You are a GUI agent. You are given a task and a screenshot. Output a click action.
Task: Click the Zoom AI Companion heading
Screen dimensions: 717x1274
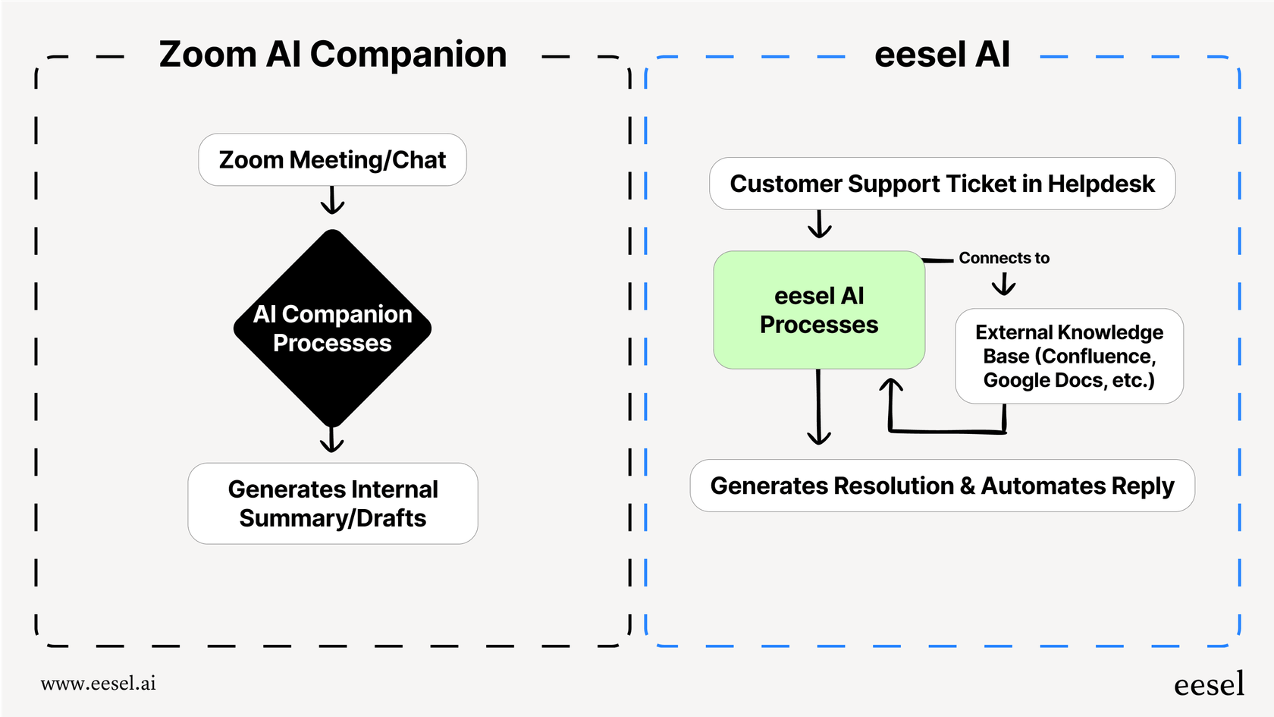tap(332, 55)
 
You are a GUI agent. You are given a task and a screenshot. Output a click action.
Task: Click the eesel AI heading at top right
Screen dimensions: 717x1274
tap(942, 55)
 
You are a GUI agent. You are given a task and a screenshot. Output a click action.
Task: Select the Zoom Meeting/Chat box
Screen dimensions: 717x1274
tap(332, 160)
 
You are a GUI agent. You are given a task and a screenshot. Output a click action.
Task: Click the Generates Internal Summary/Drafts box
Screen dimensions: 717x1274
tap(332, 503)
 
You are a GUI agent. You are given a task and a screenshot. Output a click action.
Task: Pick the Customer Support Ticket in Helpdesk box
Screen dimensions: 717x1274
tap(942, 184)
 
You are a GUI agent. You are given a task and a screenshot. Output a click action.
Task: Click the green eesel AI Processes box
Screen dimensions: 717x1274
tap(819, 310)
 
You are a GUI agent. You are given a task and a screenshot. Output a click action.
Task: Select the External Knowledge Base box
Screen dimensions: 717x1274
tap(1068, 356)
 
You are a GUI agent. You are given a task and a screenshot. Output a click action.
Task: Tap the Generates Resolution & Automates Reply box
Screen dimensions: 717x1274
tap(942, 486)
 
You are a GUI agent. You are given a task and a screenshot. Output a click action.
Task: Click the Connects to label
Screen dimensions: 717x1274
tap(1003, 258)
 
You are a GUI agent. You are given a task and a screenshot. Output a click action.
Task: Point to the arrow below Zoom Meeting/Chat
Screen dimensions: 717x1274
tap(332, 201)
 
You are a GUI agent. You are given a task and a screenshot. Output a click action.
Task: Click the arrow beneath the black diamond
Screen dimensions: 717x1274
tap(332, 440)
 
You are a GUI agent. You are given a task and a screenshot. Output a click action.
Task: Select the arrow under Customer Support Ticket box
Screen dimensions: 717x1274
tap(819, 225)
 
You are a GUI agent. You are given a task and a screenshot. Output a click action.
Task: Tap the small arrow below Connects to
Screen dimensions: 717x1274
tap(1003, 285)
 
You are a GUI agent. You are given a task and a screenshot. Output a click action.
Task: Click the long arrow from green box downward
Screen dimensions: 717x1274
tap(818, 410)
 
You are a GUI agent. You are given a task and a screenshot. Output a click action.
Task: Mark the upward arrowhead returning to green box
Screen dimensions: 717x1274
tap(891, 385)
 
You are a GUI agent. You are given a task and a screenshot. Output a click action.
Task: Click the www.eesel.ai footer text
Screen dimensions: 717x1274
tap(98, 684)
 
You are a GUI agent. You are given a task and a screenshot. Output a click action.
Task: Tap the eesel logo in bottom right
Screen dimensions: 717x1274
tap(1209, 684)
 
